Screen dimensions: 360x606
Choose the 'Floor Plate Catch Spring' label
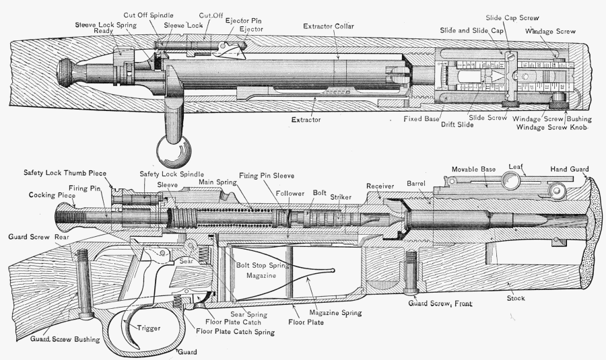point(237,332)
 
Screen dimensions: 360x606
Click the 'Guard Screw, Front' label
point(440,304)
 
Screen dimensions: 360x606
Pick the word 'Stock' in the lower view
point(517,297)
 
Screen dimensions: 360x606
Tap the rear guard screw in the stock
point(84,283)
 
